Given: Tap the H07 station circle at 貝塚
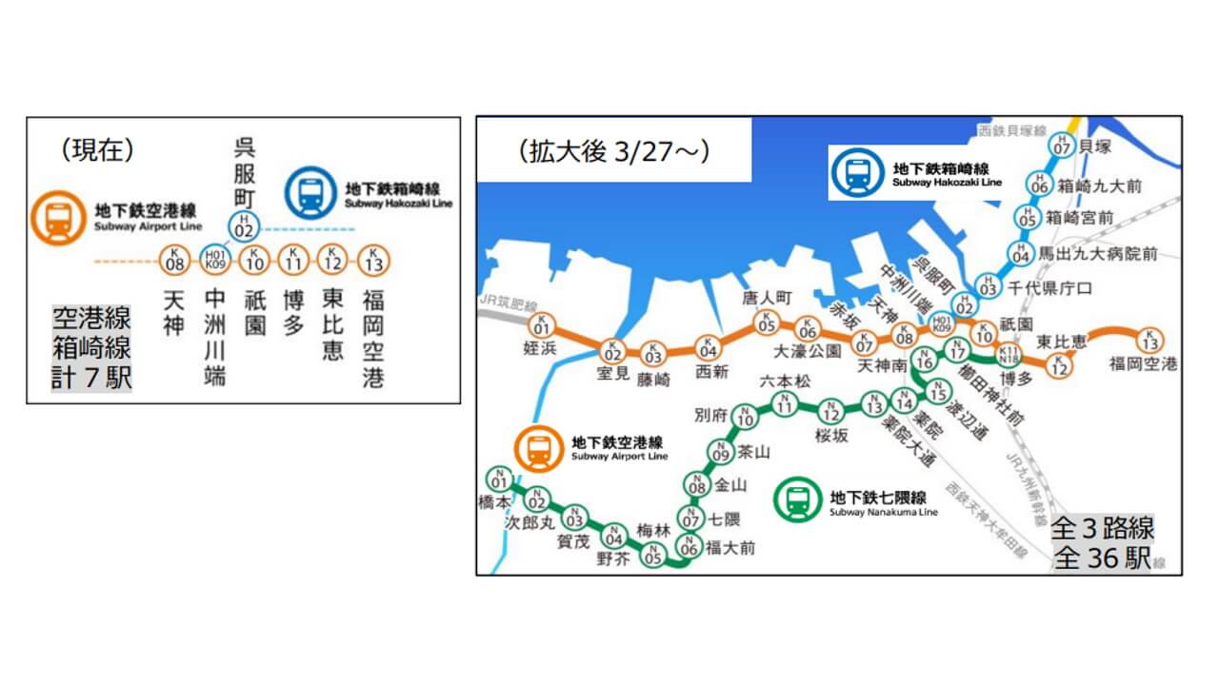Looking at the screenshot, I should pos(1061,146).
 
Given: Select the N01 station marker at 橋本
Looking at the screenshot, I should pos(498,479).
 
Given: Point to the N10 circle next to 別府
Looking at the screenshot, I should pos(746,417).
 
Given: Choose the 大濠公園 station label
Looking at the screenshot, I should pos(808,351).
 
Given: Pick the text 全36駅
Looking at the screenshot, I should pos(1103,558).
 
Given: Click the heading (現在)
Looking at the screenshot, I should pos(97,149).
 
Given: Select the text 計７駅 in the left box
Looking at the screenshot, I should pos(91,378).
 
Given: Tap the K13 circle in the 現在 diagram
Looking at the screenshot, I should pos(372,259).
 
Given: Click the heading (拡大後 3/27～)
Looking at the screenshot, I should pos(614,152).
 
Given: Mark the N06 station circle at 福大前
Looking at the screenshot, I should pos(689,546).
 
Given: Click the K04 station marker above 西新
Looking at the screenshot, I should pos(708,347).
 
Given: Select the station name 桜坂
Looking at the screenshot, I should pos(830,437).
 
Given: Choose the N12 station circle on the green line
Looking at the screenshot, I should pos(830,412).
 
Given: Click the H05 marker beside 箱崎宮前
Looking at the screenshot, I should pos(1026,218).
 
